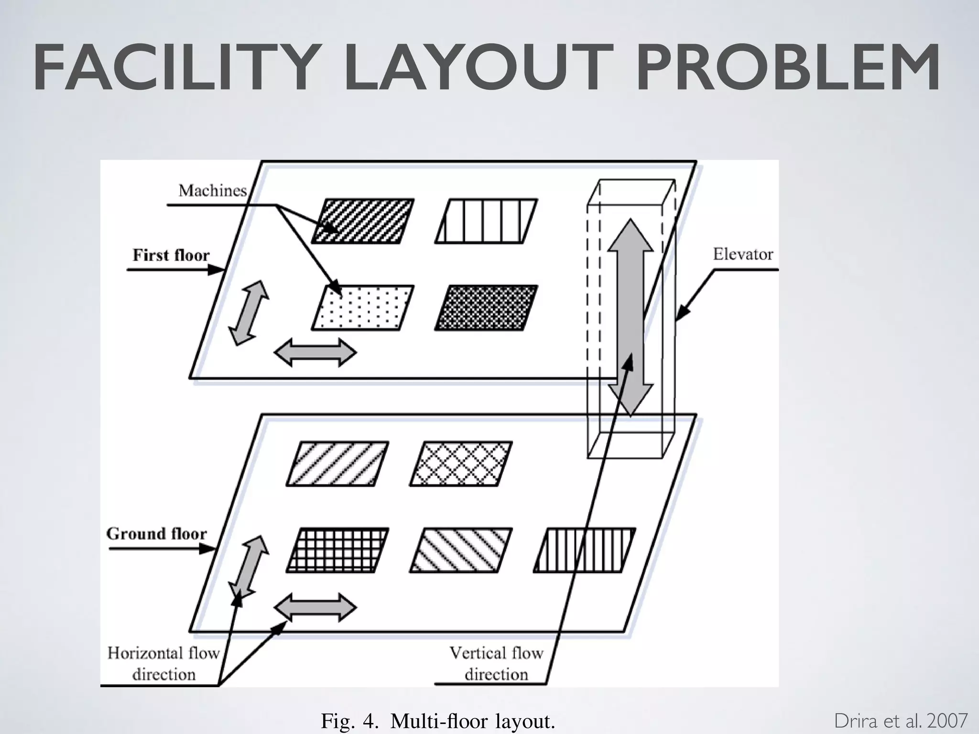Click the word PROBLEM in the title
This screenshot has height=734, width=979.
(788, 67)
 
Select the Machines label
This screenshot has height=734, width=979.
(212, 191)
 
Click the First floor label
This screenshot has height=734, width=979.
(171, 255)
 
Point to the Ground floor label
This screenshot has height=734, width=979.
(156, 533)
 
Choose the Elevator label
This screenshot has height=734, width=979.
(743, 254)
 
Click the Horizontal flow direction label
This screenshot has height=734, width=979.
(163, 663)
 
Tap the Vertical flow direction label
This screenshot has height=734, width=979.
(496, 663)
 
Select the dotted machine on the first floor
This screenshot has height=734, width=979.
(363, 308)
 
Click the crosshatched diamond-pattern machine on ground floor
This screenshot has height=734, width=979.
(461, 464)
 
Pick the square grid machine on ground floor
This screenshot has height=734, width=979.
(337, 550)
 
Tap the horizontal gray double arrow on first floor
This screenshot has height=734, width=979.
(315, 353)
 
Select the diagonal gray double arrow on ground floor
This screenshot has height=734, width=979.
(248, 567)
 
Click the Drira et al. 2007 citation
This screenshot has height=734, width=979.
(901, 721)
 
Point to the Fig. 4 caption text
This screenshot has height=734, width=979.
(438, 721)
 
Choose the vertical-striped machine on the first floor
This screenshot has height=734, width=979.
(486, 221)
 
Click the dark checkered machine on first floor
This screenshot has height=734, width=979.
(486, 308)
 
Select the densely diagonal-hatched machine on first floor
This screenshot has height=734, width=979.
(363, 221)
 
